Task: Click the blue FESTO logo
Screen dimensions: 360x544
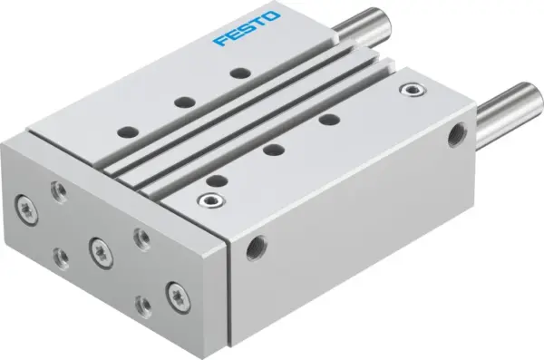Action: (246, 29)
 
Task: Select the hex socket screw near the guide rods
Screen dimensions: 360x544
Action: (416, 90)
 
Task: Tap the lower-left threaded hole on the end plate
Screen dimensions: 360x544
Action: (60, 256)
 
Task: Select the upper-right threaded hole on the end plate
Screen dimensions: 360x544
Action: (141, 238)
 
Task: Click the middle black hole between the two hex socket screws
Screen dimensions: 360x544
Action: (273, 150)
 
